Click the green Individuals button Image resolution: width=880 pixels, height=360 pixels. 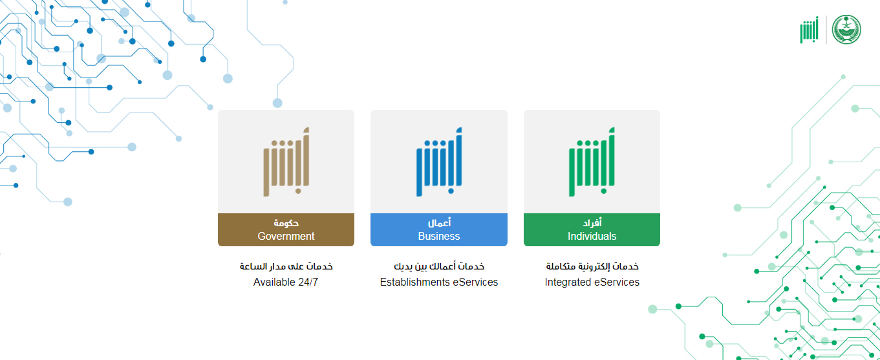coord(592,229)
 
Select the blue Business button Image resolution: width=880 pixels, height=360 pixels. coord(439,229)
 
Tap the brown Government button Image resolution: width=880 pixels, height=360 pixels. coord(286,229)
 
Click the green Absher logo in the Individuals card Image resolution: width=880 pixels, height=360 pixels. coord(592,162)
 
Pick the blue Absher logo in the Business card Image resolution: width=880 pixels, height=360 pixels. coord(439,162)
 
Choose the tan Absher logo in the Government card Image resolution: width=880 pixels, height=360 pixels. coord(286,162)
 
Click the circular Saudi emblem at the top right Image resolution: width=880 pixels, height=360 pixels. coord(846,30)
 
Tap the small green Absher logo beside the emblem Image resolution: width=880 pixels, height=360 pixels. coord(810,30)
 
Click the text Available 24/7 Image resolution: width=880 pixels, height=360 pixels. coord(286,282)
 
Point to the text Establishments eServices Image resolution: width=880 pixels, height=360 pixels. coord(439,282)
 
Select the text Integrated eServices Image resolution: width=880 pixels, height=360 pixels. coord(592,282)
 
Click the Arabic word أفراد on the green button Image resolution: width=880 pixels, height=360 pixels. coord(592,223)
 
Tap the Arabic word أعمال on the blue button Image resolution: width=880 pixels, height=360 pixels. coord(439,223)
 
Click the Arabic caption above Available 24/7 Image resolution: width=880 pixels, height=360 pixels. coord(286,266)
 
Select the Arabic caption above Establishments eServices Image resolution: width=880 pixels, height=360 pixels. coord(439,266)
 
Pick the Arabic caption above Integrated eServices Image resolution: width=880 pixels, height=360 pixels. coord(592,266)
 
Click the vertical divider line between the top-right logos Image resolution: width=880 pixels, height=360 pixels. coord(826,30)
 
